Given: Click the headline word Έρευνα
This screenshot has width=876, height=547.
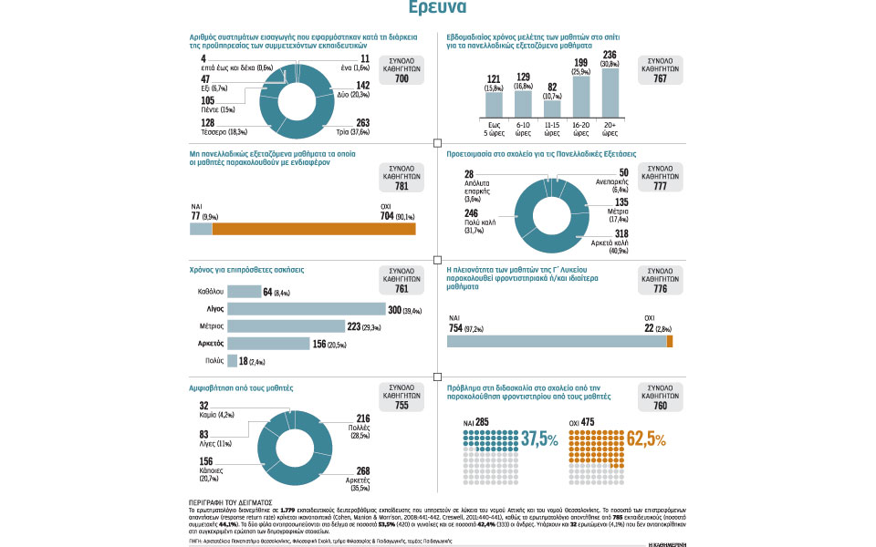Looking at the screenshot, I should coord(438,8).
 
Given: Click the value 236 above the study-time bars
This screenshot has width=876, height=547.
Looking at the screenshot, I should coord(611,55).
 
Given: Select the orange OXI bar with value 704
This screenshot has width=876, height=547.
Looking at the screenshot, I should coord(314,229).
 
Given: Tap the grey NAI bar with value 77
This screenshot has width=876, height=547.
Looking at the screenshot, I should coord(201,229).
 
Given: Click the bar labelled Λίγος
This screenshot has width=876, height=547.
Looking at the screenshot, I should coord(306,310).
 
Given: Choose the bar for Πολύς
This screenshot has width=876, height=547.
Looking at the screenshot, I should coord(232,361).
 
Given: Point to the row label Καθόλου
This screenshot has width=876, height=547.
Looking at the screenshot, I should coord(211,293).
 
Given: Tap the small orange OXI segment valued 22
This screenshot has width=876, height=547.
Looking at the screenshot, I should coord(670,341).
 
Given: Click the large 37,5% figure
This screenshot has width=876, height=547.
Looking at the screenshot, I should coord(539,439).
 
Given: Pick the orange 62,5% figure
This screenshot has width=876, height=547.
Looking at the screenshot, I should coord(647,439).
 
